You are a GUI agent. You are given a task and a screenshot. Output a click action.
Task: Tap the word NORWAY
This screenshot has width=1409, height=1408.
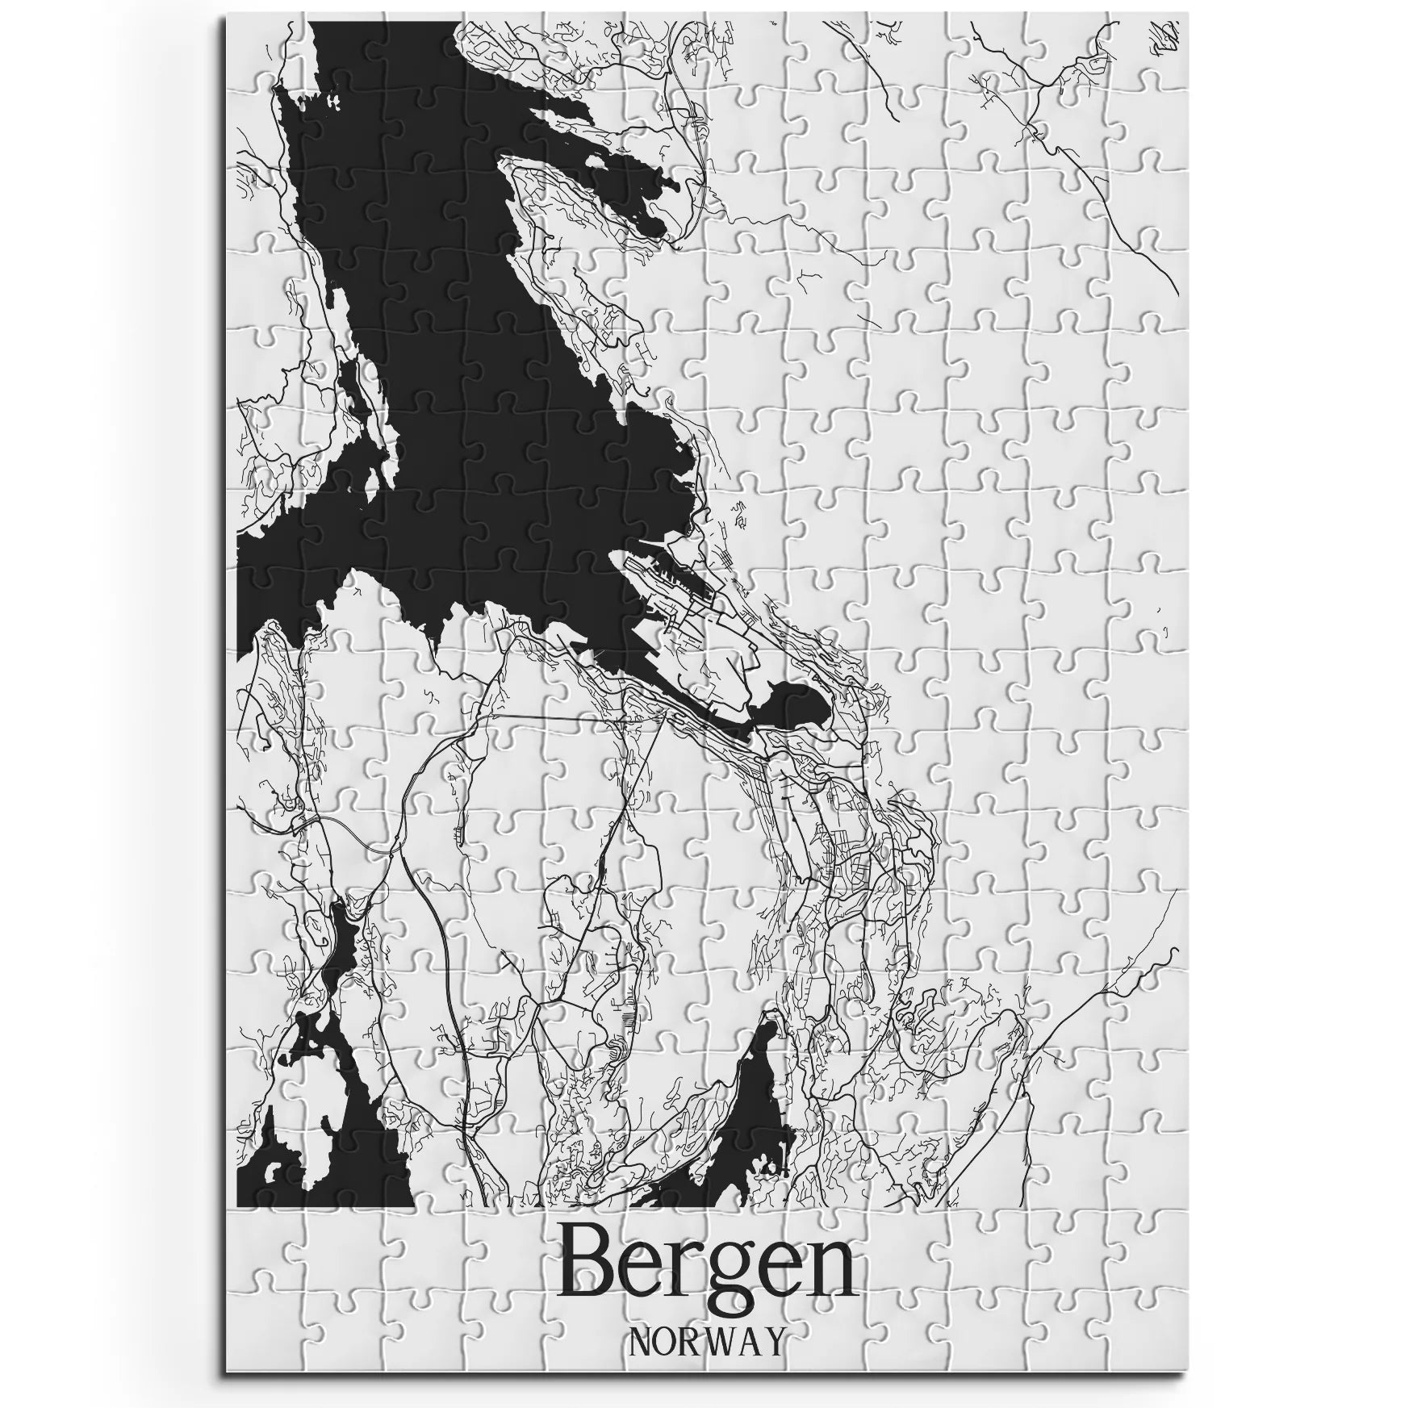pos(705,1340)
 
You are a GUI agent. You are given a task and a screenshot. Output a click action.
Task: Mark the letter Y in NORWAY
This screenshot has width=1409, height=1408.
pos(771,1341)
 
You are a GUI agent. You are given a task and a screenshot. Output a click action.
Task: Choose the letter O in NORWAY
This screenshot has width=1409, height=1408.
pos(664,1341)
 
